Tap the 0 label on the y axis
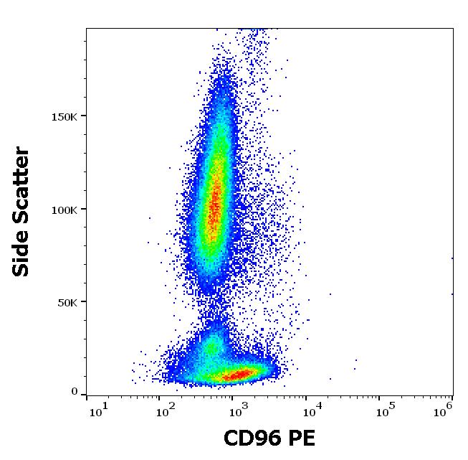pos(75,392)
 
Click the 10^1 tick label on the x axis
pos(97,410)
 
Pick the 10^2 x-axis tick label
pos(167,410)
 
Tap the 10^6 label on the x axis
pos(444,410)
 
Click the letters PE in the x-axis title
pos(301,438)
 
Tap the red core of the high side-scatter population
pos(214,205)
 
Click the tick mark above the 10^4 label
pos(306,397)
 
